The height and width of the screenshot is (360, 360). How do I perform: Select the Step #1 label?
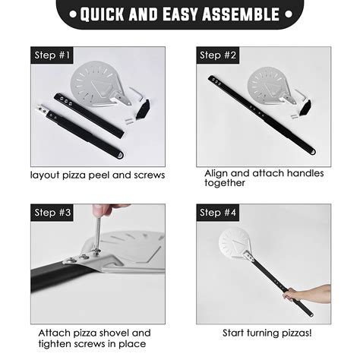(x=52, y=55)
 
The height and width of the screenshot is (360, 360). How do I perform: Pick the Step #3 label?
(x=52, y=213)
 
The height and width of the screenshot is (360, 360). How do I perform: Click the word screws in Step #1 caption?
(x=147, y=175)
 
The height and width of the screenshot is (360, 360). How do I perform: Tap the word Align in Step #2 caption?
(x=217, y=173)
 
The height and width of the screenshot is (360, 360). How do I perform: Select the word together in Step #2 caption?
(x=225, y=183)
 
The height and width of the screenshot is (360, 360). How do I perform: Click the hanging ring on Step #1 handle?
(x=119, y=156)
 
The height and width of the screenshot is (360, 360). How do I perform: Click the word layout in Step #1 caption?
(x=46, y=175)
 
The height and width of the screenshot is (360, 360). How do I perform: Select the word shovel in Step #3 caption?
(x=116, y=333)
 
